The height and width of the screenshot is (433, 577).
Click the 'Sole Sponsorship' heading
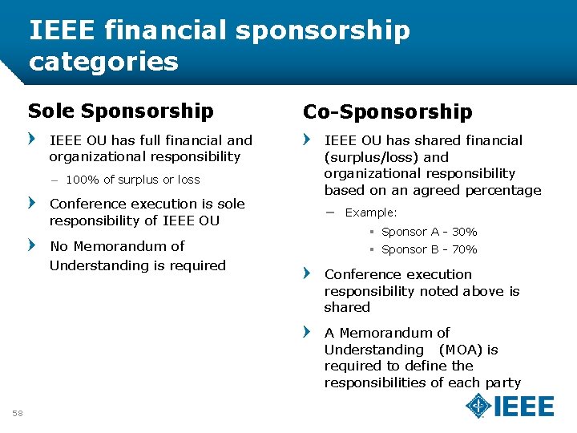pos(120,111)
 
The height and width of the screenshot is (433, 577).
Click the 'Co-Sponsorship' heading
pos(387,111)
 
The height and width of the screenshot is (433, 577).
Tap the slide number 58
pos(18,413)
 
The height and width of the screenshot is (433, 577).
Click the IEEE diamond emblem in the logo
pos(479,407)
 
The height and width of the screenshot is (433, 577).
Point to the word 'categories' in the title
pos(103,61)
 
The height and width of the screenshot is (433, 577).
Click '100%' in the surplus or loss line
pos(81,180)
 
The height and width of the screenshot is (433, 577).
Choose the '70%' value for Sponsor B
pos(464,249)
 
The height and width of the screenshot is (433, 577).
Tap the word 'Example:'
pos(371,212)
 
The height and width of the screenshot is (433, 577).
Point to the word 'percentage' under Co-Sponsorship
pos(502,190)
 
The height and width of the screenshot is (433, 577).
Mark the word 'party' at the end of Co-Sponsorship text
pos(502,382)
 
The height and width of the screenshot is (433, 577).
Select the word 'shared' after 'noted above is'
pos(347,307)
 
